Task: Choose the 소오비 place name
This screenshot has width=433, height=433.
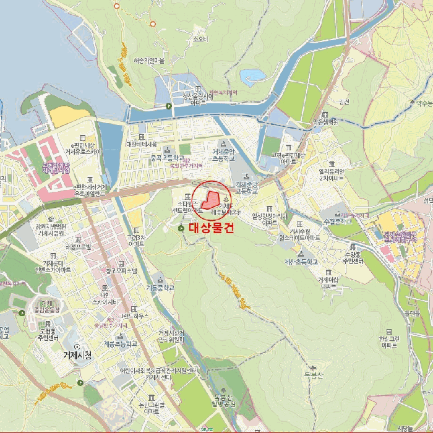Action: pos(199,38)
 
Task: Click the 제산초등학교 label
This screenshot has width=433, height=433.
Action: pos(301,262)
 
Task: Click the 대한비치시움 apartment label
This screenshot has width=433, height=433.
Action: pos(142,144)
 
